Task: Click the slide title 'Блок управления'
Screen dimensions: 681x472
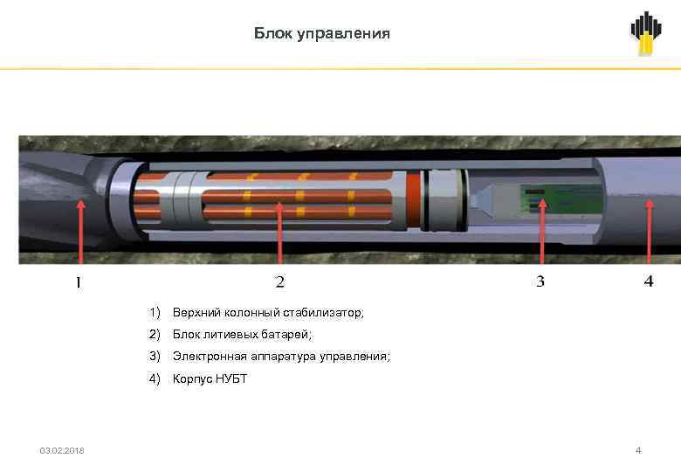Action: pos(322,34)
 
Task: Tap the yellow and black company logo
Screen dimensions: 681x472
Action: pos(646,34)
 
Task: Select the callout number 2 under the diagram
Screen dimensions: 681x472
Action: pos(279,281)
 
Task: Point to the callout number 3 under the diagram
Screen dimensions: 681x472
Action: pos(540,281)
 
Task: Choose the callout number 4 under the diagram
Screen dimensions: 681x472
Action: pos(648,281)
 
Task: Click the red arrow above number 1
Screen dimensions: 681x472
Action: pos(80,232)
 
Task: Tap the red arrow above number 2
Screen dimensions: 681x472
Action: pos(279,232)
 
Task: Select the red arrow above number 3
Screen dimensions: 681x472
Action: pos(540,232)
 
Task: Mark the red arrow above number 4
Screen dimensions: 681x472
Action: pos(648,232)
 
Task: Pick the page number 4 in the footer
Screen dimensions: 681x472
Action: pos(638,450)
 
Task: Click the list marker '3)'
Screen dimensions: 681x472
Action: pos(155,357)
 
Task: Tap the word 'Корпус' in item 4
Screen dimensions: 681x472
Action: pos(191,378)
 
